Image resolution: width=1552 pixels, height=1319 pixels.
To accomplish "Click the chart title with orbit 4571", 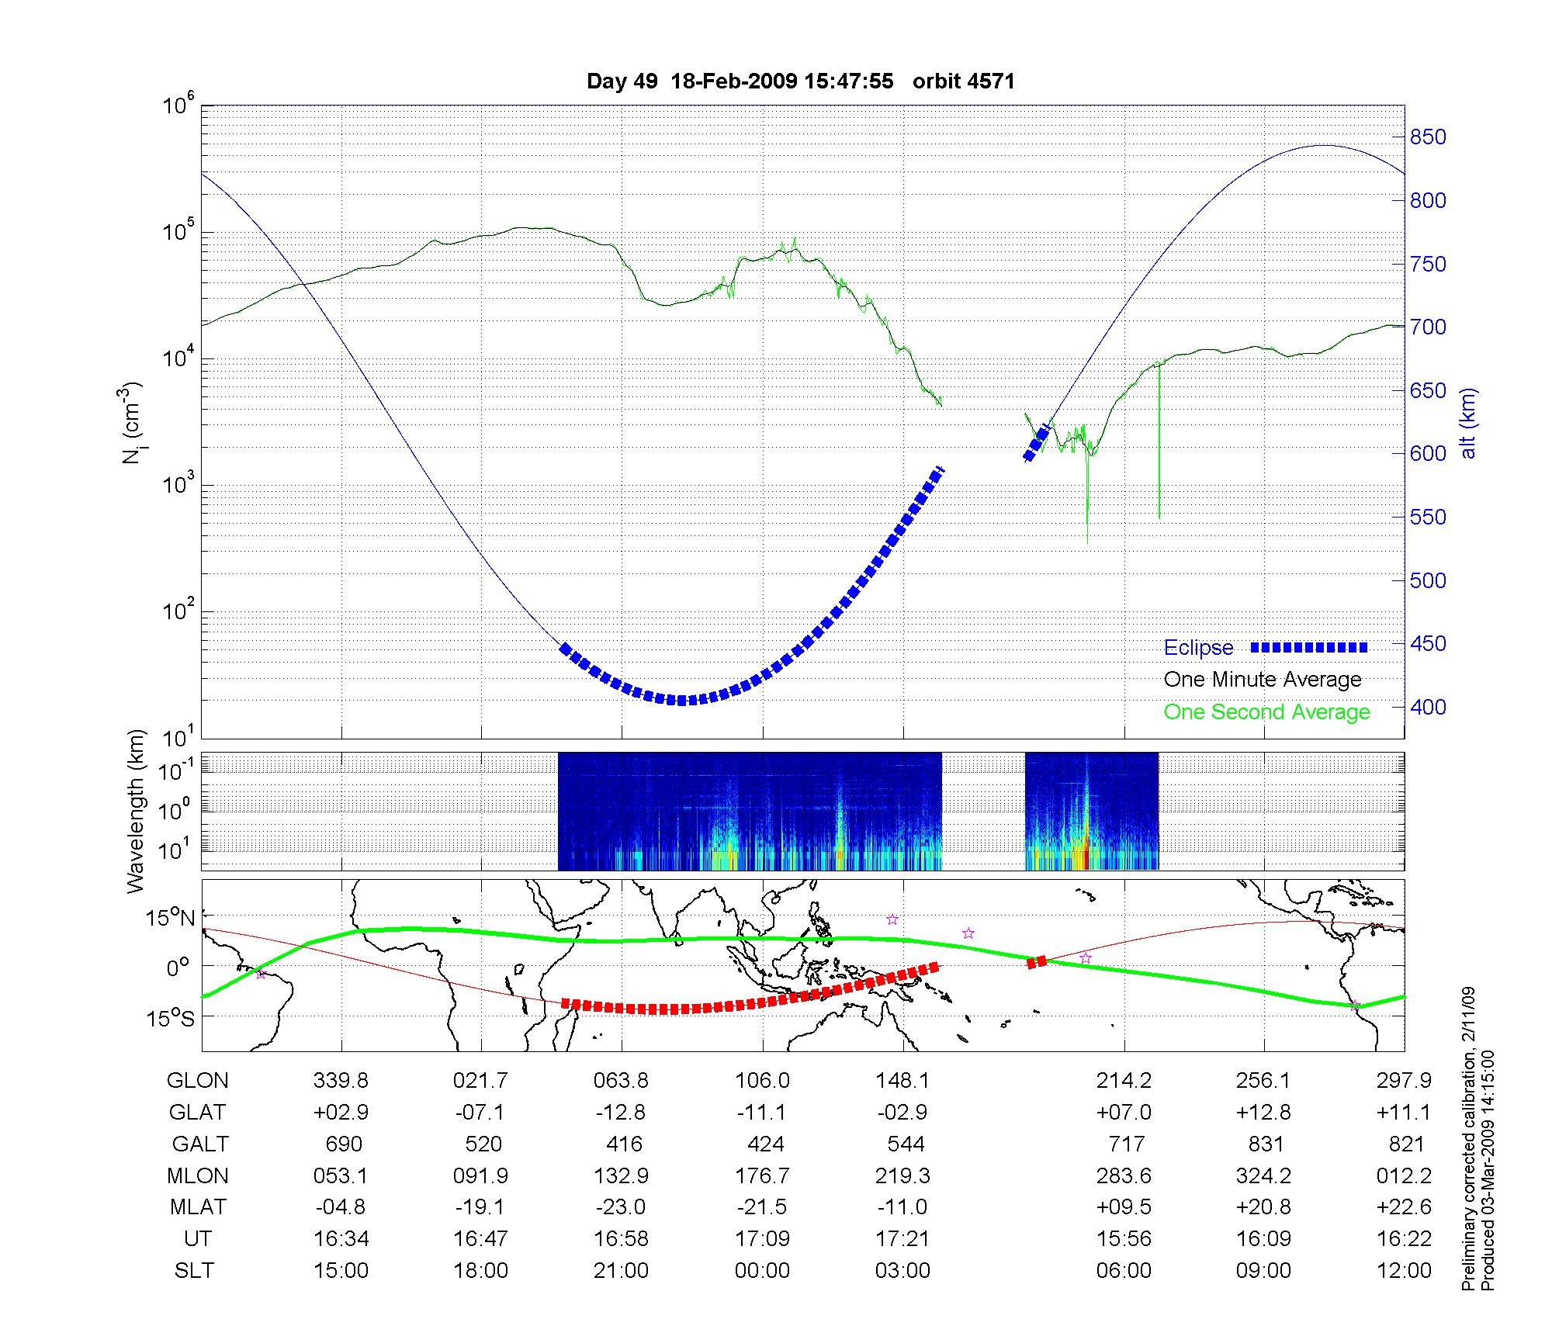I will coord(800,81).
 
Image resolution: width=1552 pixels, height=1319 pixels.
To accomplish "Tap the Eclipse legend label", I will coord(1198,648).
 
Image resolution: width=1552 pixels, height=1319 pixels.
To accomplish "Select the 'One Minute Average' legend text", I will coord(1263,680).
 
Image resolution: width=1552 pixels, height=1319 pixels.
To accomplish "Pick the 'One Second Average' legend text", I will coord(1266,712).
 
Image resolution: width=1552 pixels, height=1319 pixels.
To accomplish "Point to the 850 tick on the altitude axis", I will coord(1429,137).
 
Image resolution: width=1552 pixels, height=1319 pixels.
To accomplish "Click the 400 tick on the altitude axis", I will coord(1429,707).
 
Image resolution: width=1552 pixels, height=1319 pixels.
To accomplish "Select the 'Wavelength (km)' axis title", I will coord(137,811).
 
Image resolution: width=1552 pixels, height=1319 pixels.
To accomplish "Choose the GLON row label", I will coord(198,1080).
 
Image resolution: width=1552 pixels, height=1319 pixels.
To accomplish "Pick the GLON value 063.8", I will coord(621,1080).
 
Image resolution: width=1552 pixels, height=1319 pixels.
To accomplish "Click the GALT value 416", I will coord(624,1144).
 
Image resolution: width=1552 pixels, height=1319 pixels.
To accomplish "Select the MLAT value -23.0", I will coord(621,1207).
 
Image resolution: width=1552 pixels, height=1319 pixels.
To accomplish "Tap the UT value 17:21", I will coord(902,1238).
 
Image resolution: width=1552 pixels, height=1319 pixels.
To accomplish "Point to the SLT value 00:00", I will coord(762,1270).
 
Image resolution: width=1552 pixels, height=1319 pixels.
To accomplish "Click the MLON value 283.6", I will coord(1124,1175).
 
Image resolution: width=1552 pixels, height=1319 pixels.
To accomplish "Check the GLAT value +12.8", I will coord(1264,1112).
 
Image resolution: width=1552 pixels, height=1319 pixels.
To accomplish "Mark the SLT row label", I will coord(194,1270).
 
